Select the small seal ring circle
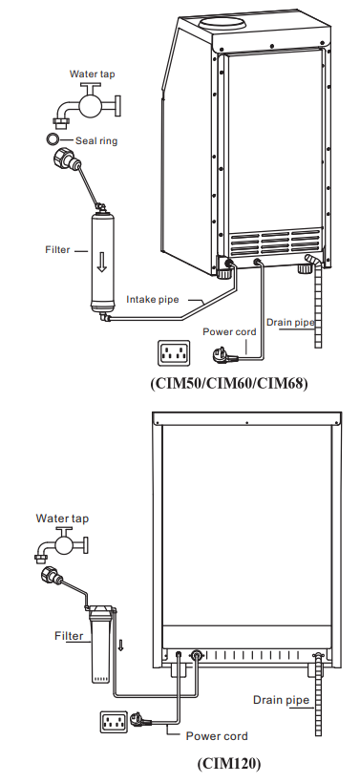click(53, 139)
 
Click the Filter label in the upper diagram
click(58, 250)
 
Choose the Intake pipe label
click(154, 300)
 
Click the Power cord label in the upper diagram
click(228, 331)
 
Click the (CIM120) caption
click(228, 764)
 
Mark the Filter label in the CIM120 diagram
click(69, 634)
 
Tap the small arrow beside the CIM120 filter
click(121, 645)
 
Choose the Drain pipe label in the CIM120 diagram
click(281, 700)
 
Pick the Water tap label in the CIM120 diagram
click(63, 518)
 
